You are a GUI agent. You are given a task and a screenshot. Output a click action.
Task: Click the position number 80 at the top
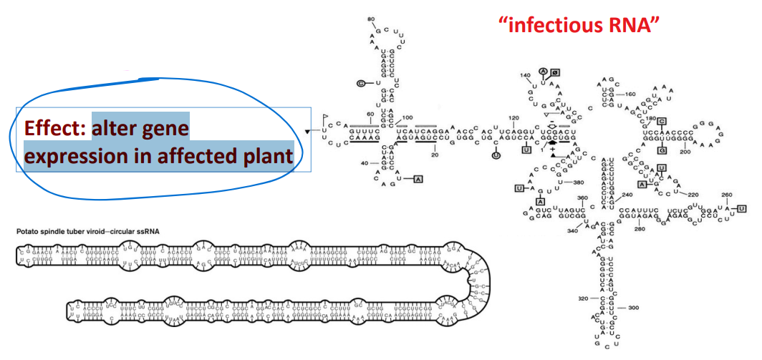pyautogui.click(x=371, y=19)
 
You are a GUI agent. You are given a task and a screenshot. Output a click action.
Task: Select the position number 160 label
pyautogui.click(x=630, y=94)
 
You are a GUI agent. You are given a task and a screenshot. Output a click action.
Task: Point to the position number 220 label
pyautogui.click(x=692, y=194)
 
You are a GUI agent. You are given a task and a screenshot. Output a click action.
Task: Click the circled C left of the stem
pyautogui.click(x=361, y=83)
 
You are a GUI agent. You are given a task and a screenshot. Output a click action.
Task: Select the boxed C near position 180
pyautogui.click(x=662, y=121)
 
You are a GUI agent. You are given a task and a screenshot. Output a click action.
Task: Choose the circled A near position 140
pyautogui.click(x=544, y=71)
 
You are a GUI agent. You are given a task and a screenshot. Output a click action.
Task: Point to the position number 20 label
pyautogui.click(x=435, y=154)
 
